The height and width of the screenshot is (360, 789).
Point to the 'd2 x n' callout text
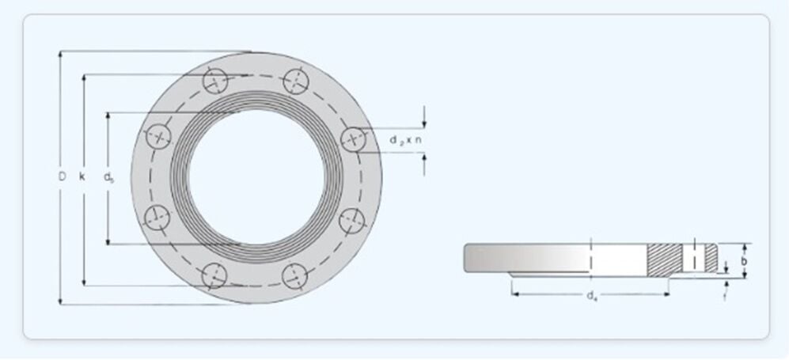404,139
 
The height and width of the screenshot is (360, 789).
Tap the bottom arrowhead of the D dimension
61,301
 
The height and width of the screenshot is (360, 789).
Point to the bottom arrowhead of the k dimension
83,282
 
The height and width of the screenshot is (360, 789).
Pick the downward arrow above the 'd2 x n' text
424,122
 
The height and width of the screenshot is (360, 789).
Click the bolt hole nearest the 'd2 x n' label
353,139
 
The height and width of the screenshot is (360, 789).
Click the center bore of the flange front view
256,177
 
